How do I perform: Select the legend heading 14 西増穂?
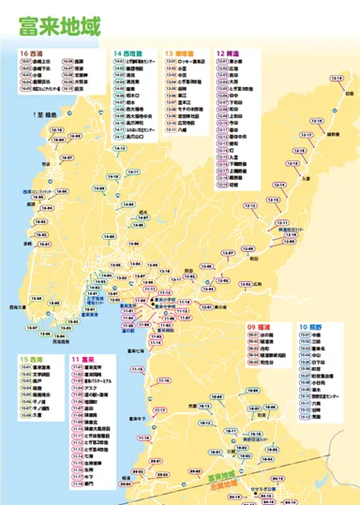pos(127,53)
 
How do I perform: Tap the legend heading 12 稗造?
pos(229,53)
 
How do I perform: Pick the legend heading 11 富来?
pos(86,359)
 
